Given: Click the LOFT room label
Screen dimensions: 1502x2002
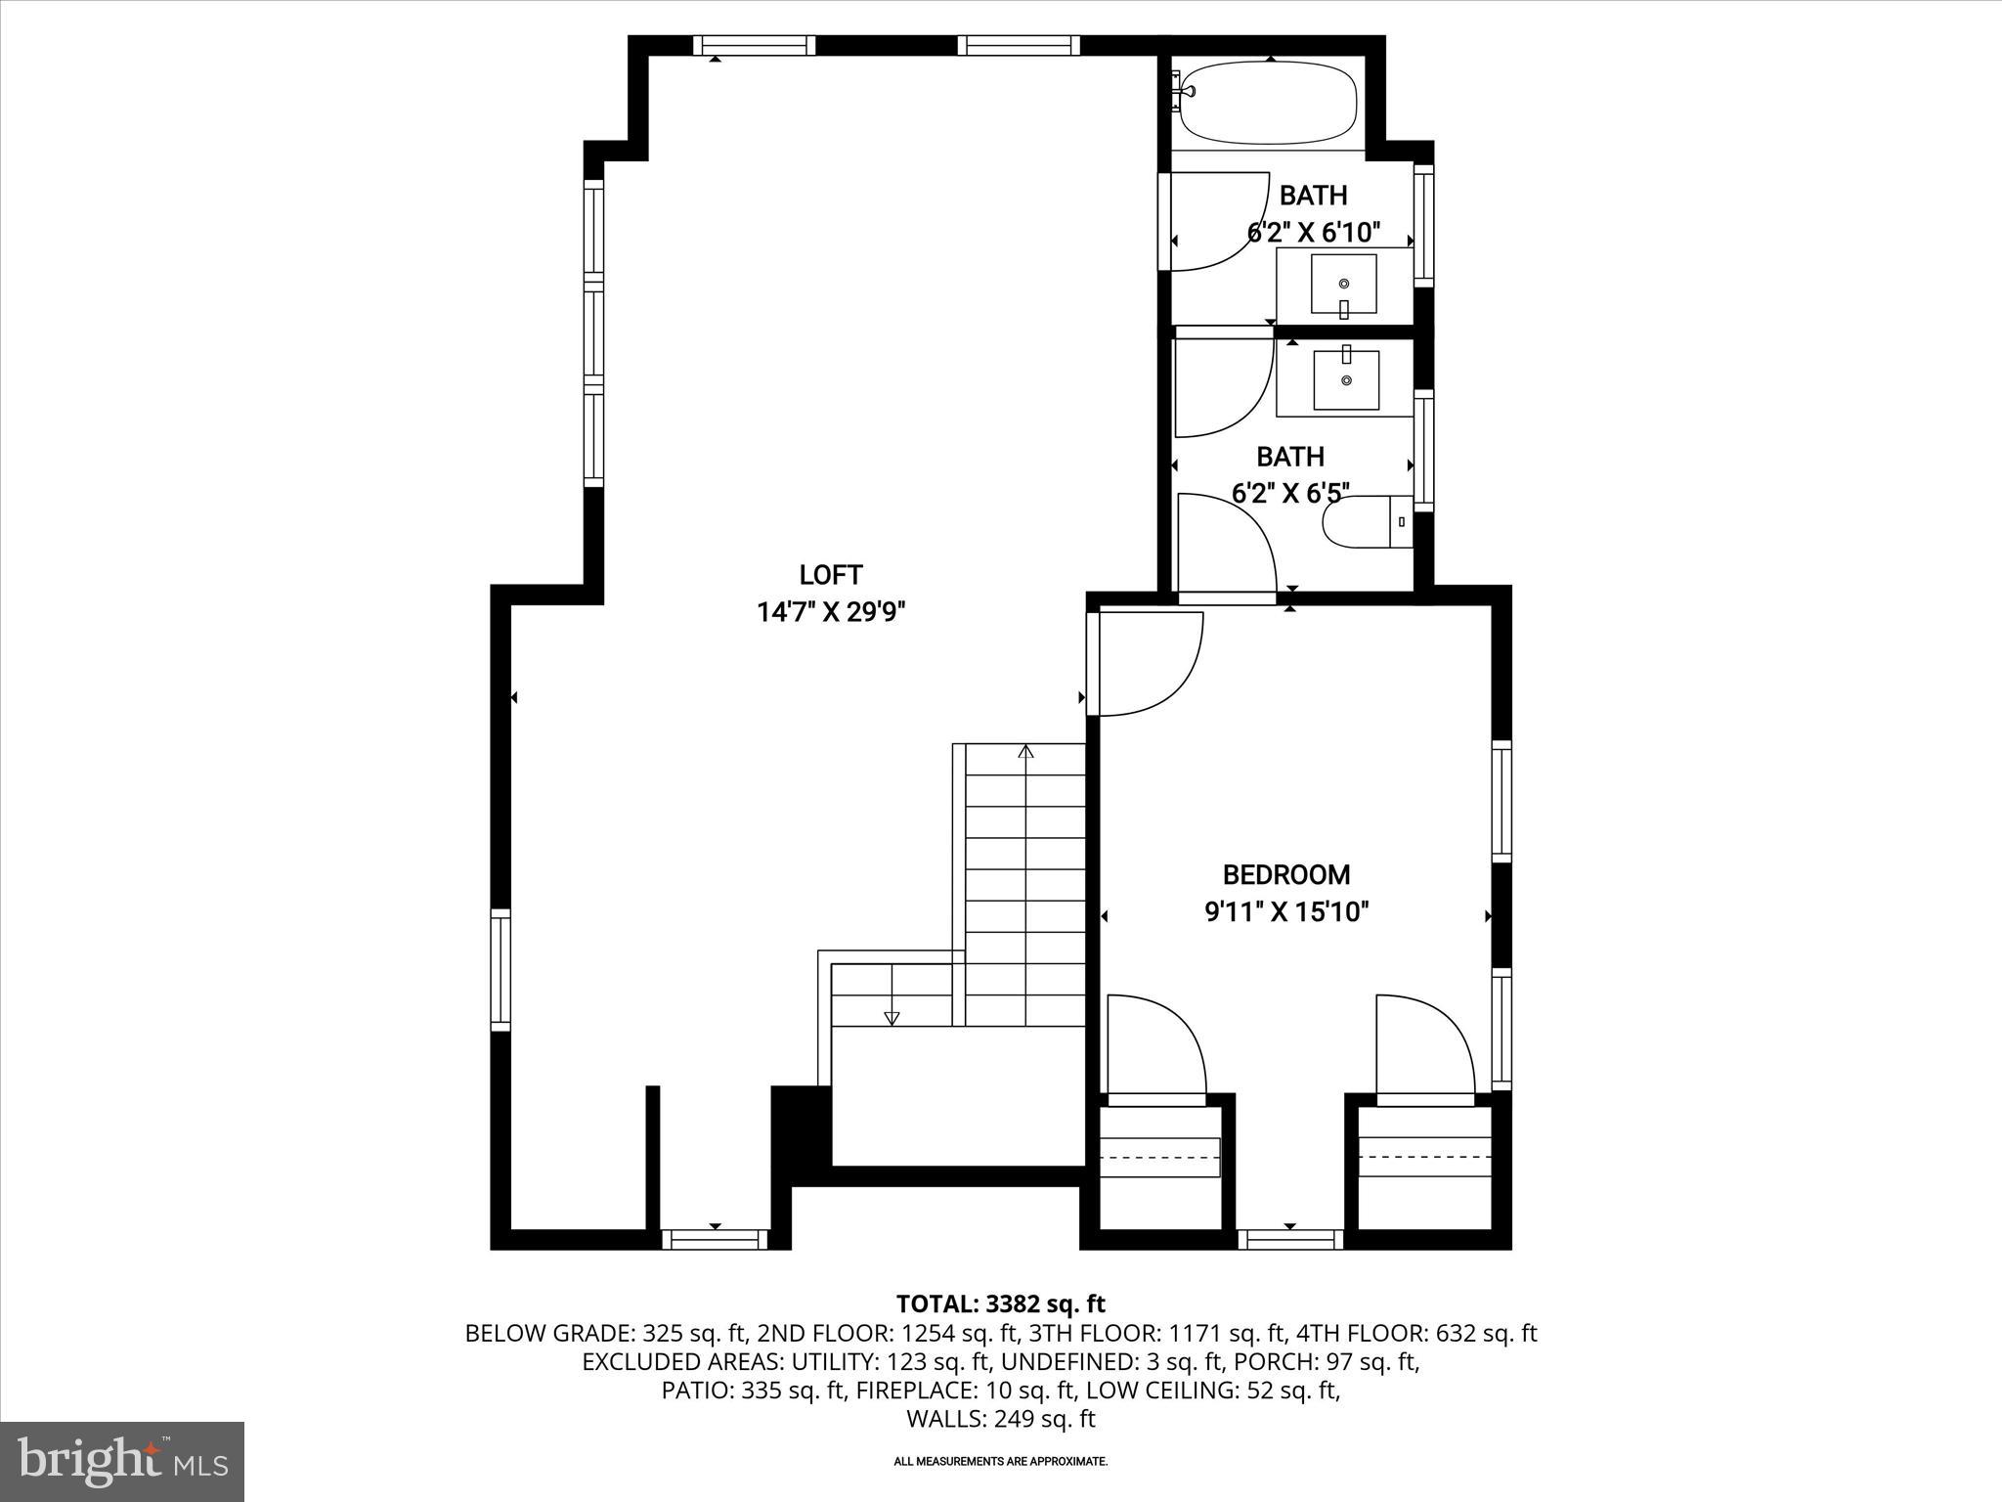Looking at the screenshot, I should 831,575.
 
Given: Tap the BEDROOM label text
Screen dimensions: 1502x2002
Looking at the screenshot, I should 1286,874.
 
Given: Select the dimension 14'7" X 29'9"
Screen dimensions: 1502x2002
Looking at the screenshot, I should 831,613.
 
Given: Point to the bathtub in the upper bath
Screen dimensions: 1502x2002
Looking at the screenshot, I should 1269,102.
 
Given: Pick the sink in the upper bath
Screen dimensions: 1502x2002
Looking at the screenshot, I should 1344,283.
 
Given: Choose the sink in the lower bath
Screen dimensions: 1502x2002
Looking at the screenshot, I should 1346,379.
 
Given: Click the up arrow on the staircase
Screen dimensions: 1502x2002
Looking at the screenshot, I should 1025,752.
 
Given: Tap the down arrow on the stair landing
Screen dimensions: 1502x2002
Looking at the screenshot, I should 892,1018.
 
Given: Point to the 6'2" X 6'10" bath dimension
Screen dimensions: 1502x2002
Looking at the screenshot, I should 1313,233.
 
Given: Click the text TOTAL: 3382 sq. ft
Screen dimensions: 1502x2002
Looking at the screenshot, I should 1000,1303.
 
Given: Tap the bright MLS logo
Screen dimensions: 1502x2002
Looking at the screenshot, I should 122,1462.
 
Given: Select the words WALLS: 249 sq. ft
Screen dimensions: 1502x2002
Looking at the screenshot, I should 1000,1419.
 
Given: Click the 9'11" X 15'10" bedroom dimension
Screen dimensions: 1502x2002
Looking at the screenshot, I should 1286,912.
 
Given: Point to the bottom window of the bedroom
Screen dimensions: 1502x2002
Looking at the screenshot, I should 1289,1240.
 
